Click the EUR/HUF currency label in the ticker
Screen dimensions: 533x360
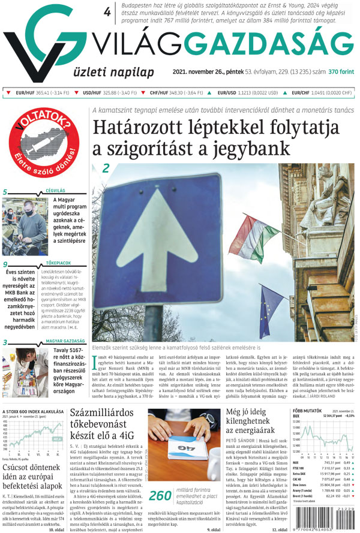(26, 93)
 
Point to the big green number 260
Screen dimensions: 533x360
(160, 495)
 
